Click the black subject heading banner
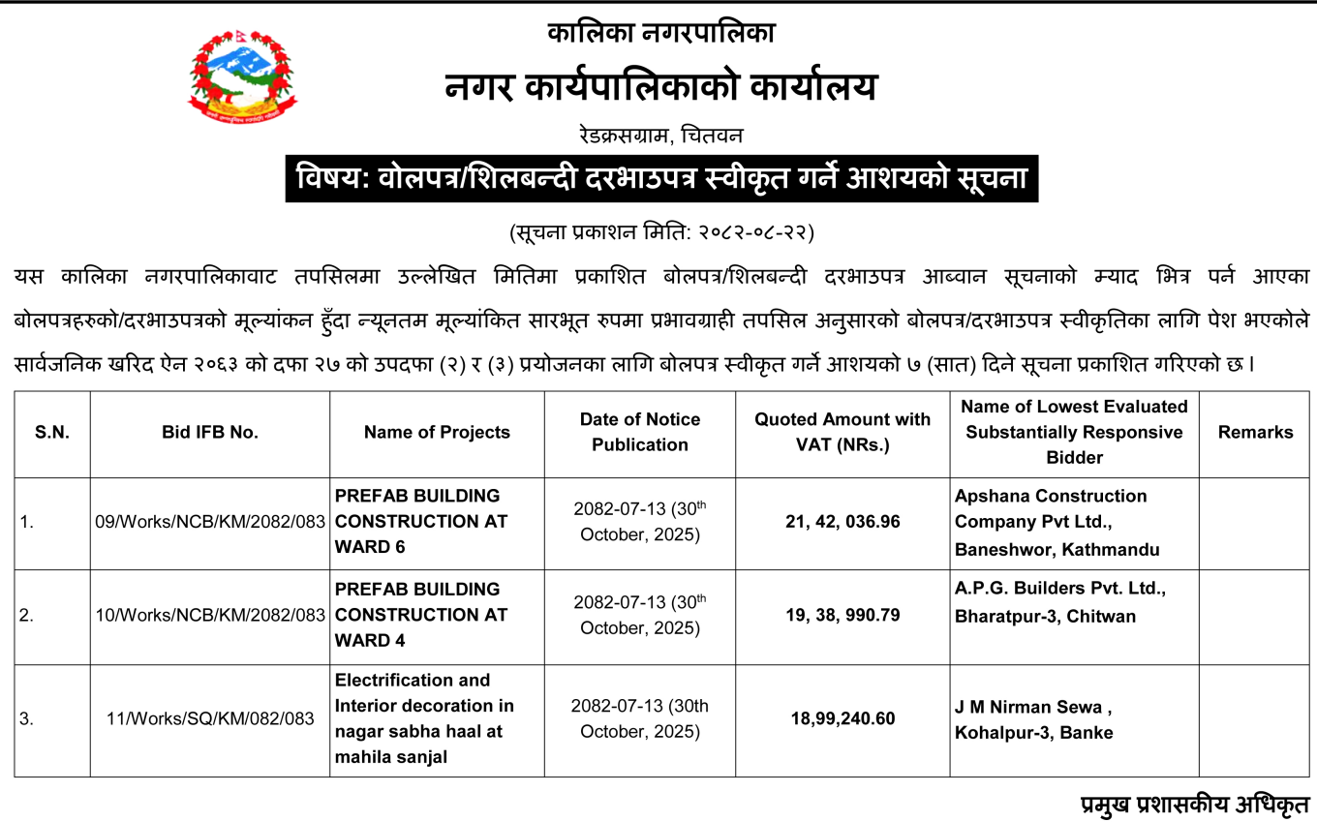click(661, 178)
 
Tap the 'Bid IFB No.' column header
click(210, 433)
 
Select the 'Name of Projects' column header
click(437, 433)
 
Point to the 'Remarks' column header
click(1255, 433)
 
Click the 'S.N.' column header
click(52, 433)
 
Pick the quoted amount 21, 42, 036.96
click(842, 522)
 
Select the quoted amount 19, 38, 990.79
click(842, 615)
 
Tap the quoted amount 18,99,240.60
click(842, 718)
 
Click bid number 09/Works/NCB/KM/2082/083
click(210, 522)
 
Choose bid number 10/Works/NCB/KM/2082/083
click(210, 615)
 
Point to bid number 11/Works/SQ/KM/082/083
click(210, 718)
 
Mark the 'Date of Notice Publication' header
click(639, 432)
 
